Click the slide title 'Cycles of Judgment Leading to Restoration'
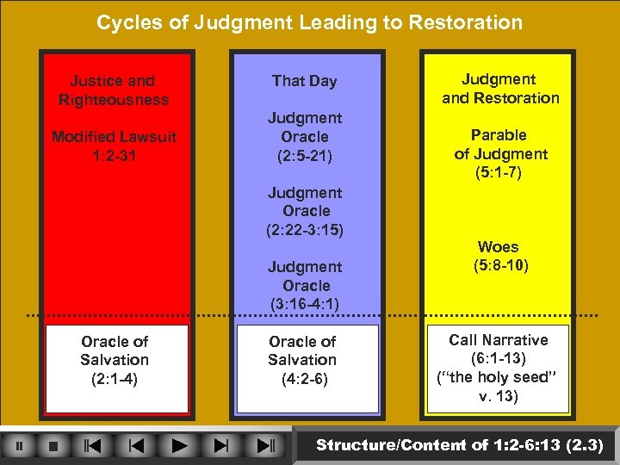(x=309, y=22)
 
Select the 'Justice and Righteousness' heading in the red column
(x=113, y=90)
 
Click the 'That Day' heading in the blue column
(x=304, y=81)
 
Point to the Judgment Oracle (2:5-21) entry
(x=305, y=136)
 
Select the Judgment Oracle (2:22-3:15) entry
(x=305, y=211)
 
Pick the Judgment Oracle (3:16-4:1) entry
(x=305, y=285)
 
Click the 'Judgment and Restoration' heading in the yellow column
(x=500, y=89)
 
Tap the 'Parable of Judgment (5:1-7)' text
(x=500, y=154)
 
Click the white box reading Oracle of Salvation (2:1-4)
(x=115, y=360)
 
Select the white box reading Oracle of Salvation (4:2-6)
(x=302, y=360)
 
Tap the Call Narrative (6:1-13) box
(x=498, y=349)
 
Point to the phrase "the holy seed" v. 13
(x=498, y=387)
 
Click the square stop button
(x=53, y=446)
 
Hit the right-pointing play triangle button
(x=178, y=446)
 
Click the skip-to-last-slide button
(x=264, y=446)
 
